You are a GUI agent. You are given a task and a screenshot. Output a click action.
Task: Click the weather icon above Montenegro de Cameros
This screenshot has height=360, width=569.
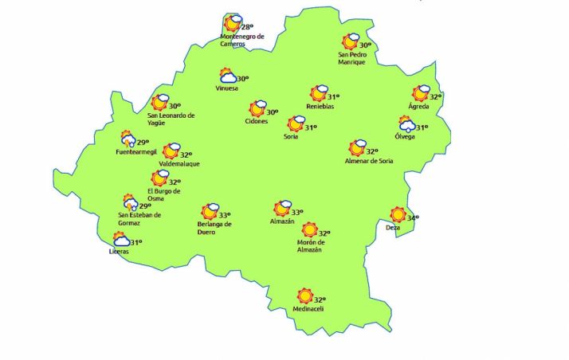tap(232, 23)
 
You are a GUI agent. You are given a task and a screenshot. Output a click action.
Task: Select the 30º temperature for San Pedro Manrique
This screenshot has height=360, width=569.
tap(365, 45)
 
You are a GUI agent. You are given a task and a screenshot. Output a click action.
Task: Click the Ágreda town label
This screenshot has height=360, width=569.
tap(418, 106)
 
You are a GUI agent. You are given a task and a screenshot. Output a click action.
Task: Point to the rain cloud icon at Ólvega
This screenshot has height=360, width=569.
tap(406, 124)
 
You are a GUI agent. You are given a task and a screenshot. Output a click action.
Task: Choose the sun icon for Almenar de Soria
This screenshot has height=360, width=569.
tap(356, 148)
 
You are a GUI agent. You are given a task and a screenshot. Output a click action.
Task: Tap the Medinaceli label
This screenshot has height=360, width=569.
tap(308, 309)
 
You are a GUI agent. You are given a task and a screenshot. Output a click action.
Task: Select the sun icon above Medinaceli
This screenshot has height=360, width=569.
tap(305, 296)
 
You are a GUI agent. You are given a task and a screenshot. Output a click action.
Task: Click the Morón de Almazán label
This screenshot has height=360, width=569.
tap(308, 246)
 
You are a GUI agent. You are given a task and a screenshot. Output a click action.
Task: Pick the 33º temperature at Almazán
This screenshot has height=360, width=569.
tap(296, 213)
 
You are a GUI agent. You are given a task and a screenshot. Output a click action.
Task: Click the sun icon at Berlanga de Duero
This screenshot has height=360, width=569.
tap(210, 212)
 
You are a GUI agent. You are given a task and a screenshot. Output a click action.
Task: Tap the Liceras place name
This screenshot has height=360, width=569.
tap(118, 252)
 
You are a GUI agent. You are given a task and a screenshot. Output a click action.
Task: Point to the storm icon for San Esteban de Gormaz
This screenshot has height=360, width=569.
tap(129, 203)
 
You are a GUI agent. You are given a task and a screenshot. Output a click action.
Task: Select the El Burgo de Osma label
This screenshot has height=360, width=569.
tap(164, 194)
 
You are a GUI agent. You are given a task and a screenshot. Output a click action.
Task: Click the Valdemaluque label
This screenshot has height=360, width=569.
tap(179, 164)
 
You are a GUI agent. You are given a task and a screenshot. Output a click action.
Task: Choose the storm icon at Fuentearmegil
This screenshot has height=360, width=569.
tap(128, 139)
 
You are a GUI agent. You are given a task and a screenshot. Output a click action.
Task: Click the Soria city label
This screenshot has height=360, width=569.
tap(291, 137)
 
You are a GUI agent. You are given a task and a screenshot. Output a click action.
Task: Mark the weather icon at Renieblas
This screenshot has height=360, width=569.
tap(319, 94)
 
